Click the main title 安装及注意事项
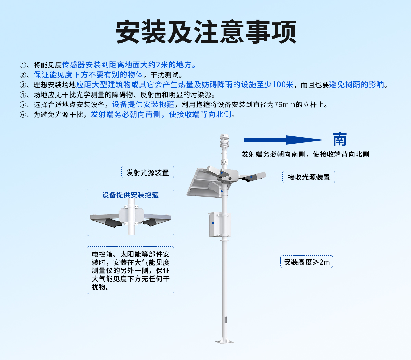206,32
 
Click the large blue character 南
339,140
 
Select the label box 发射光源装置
148,172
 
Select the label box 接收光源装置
308,177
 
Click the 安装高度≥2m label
307,262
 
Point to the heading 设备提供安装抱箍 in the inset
130,195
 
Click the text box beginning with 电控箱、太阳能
130,270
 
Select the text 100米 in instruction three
283,85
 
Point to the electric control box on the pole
211,224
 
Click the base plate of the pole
224,341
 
